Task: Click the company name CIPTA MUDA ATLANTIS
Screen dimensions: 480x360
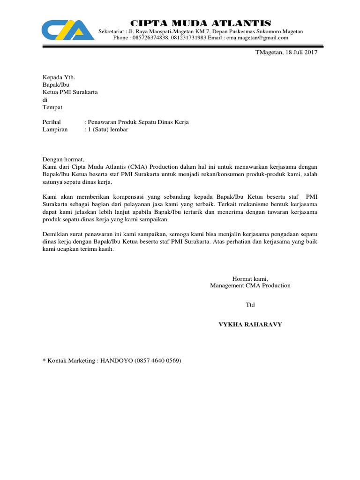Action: tap(200, 23)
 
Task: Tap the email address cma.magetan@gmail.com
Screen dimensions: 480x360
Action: tap(257, 38)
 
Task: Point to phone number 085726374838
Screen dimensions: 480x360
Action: tap(150, 38)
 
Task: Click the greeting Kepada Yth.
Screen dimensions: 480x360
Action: tap(59, 77)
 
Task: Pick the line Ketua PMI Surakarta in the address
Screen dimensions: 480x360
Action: tap(70, 92)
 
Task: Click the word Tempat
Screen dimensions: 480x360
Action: tap(52, 107)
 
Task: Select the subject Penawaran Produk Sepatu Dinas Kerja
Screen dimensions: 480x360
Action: tap(136, 122)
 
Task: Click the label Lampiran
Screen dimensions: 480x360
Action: tap(55, 130)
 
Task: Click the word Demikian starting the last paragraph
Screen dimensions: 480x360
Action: tap(56, 234)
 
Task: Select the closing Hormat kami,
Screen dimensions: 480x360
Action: tap(250, 278)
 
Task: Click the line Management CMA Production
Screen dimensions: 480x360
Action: tap(250, 285)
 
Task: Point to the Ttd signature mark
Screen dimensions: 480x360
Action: tap(250, 305)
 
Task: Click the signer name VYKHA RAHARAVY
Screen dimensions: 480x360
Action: tap(250, 324)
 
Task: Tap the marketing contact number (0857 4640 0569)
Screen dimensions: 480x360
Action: tap(157, 360)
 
